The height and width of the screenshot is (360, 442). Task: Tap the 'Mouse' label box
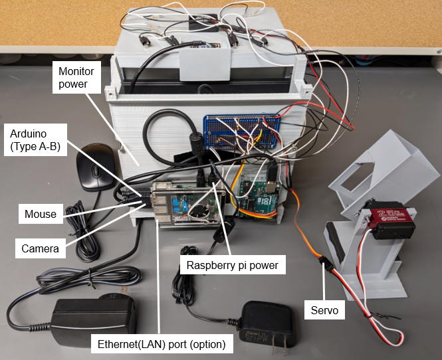coord(41,214)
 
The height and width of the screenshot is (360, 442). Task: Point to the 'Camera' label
coord(39,249)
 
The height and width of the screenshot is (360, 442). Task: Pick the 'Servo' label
coord(324,309)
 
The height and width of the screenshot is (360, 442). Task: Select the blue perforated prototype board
coord(243,132)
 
